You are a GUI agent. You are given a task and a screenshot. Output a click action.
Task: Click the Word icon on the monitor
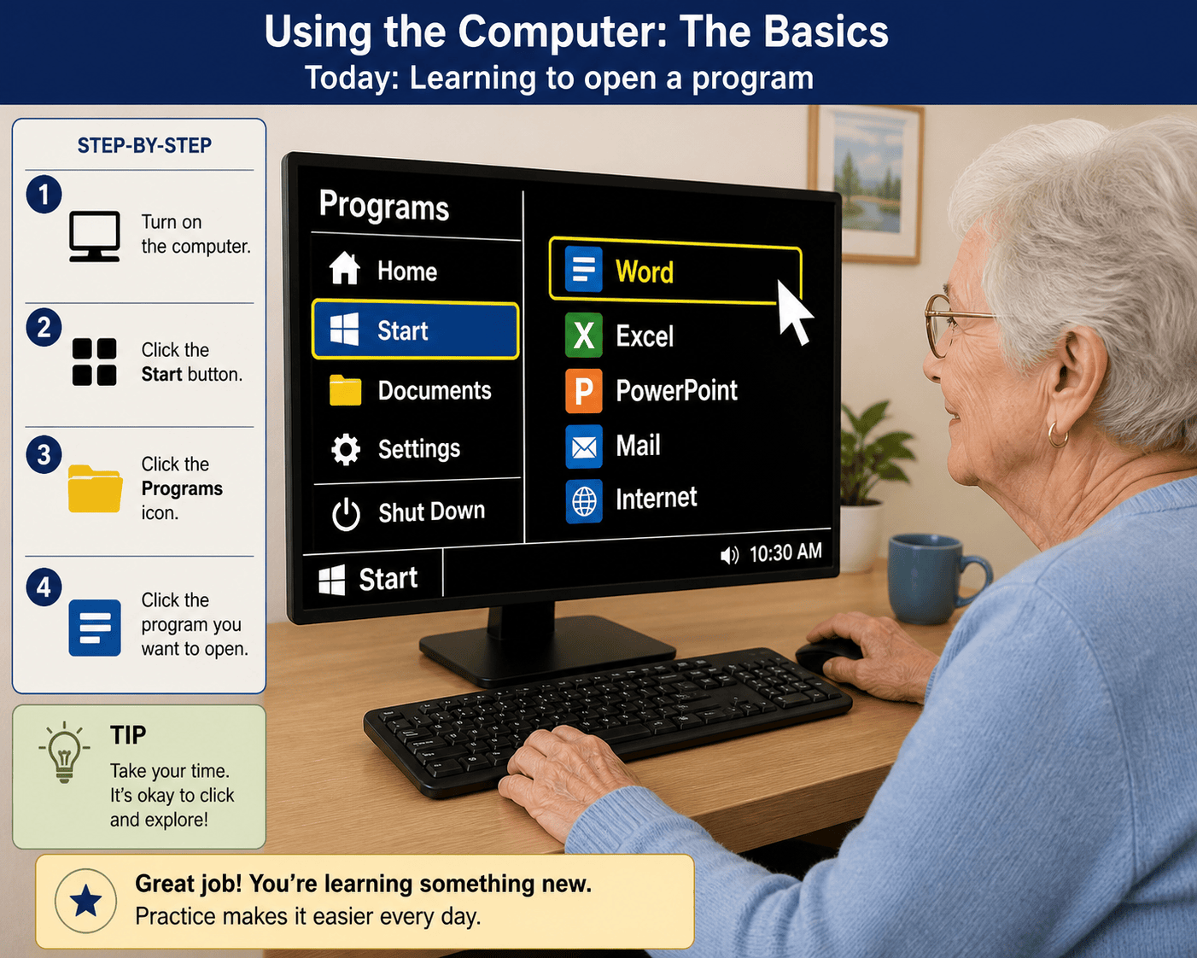[583, 270]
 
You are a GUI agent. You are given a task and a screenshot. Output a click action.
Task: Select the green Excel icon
[583, 335]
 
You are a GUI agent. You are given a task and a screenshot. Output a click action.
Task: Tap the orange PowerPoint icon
[583, 390]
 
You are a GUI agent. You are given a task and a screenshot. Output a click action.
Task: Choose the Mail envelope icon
[583, 447]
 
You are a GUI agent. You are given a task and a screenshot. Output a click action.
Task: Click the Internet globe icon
[583, 500]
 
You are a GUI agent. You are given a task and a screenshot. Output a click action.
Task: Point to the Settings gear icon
[346, 449]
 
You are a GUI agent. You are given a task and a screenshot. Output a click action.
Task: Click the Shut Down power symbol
[346, 514]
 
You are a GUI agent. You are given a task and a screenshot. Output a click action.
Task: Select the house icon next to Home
[345, 268]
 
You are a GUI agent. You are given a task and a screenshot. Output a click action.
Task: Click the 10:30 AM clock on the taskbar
[785, 552]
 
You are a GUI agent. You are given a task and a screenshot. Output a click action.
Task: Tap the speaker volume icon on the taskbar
[729, 555]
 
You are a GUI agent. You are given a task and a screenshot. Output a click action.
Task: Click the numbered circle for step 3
[44, 454]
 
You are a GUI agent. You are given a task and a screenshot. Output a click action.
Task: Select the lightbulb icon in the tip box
[65, 752]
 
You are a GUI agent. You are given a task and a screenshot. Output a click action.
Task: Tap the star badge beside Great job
[85, 901]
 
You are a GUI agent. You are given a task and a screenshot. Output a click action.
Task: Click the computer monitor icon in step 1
[94, 236]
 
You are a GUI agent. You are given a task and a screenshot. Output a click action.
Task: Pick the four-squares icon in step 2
[94, 362]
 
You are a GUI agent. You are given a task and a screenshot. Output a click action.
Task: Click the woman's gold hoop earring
[1057, 435]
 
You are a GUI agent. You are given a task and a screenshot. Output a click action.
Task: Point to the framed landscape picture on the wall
[866, 184]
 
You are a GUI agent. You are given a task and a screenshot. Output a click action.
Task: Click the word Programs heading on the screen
[384, 206]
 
